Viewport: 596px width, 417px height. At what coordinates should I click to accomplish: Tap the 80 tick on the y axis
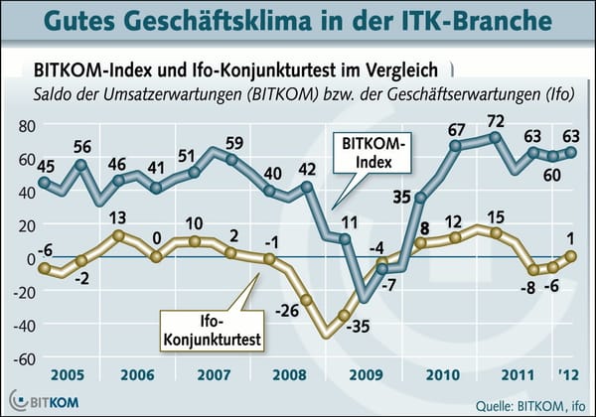pyautogui.click(x=26, y=127)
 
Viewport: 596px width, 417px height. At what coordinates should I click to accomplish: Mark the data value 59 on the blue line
pyautogui.click(x=235, y=141)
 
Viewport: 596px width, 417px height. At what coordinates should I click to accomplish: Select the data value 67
pyautogui.click(x=457, y=129)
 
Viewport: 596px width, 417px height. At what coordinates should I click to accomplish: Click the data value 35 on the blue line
pyautogui.click(x=402, y=197)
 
